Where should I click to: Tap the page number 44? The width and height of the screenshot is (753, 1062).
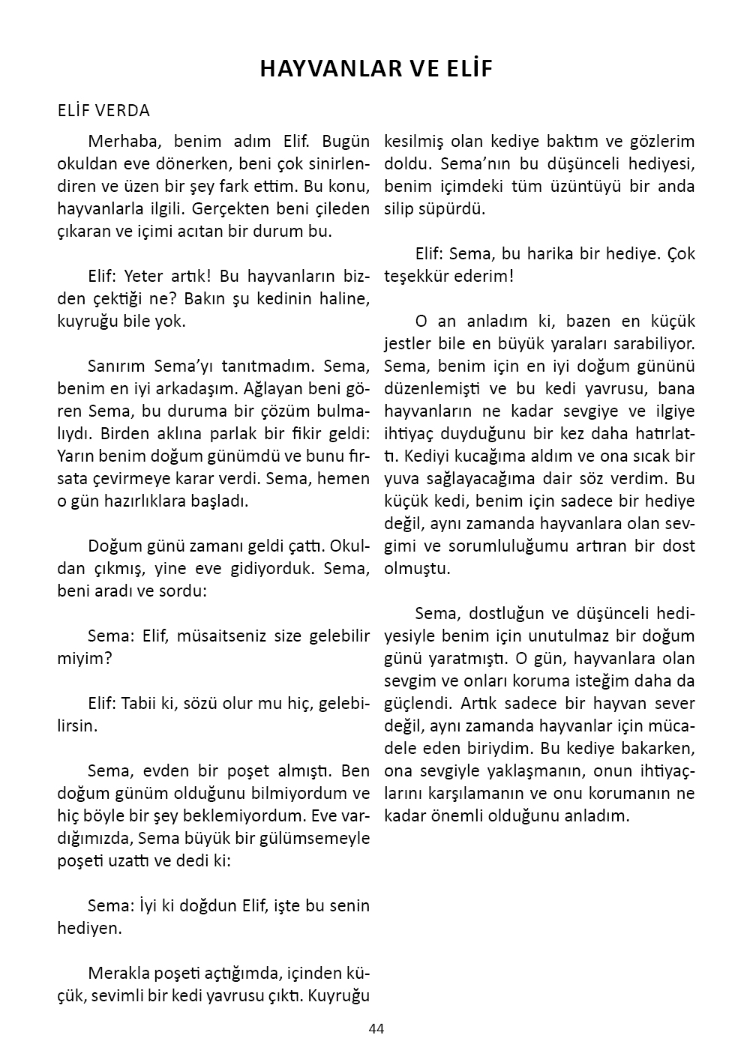pyautogui.click(x=376, y=1028)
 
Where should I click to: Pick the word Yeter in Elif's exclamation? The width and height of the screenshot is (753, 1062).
pyautogui.click(x=142, y=276)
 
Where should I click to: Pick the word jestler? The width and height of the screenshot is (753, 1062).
pyautogui.click(x=409, y=343)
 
